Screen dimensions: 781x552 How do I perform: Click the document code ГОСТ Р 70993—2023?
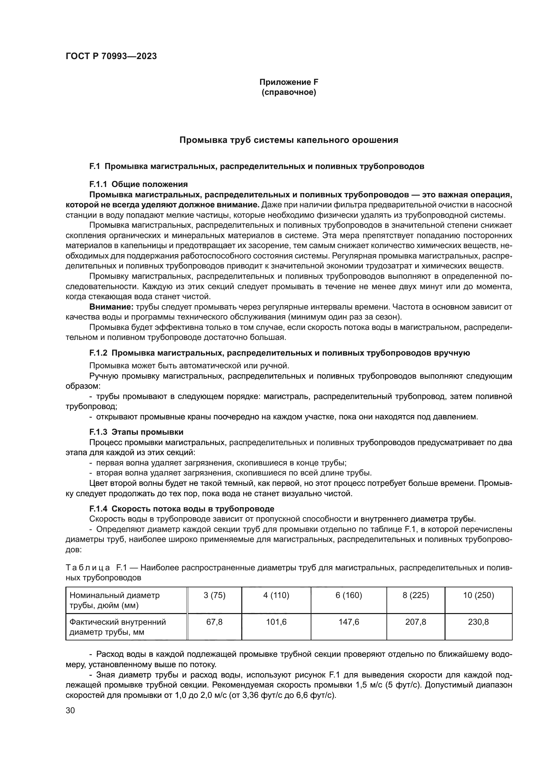(111, 56)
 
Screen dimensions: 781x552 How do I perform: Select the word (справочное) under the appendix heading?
(289, 92)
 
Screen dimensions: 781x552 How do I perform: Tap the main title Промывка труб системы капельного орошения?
(289, 140)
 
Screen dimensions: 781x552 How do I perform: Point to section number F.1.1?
(98, 184)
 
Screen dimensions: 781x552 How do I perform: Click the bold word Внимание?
(111, 307)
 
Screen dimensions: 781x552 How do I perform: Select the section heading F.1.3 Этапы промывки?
(136, 432)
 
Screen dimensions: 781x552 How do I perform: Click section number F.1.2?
(98, 353)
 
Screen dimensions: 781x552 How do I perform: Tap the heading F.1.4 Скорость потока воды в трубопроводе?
(182, 509)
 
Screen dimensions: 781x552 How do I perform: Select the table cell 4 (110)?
(276, 595)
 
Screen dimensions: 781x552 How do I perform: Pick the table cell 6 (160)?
(349, 595)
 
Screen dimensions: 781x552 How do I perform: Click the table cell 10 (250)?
(478, 595)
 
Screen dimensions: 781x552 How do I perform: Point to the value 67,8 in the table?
(215, 622)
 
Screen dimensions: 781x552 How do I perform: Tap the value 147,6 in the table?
(349, 622)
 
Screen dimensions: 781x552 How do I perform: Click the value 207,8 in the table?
(416, 622)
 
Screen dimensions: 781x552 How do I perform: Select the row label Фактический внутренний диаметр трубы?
(117, 627)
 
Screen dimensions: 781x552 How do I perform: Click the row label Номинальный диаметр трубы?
(114, 600)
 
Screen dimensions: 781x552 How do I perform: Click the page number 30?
(70, 710)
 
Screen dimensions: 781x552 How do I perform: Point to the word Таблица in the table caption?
(88, 567)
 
